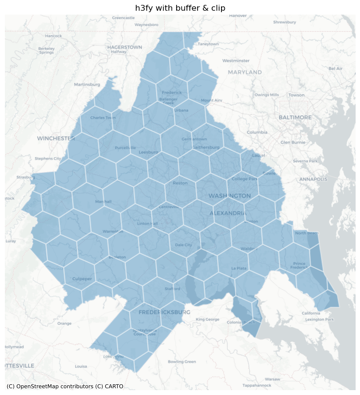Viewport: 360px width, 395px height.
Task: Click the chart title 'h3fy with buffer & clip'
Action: pos(180,7)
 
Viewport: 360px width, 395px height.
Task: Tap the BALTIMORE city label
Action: pos(295,118)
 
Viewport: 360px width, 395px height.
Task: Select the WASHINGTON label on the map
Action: pos(230,196)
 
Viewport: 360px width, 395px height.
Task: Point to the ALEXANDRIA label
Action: pos(228,214)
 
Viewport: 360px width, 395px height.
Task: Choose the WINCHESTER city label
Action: pos(56,138)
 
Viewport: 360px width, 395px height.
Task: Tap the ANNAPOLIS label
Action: pos(313,179)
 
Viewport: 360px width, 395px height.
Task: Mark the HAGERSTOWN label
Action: pos(124,47)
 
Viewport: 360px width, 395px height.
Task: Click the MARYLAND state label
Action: pos(244,72)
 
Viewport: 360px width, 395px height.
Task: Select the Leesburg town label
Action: pos(148,152)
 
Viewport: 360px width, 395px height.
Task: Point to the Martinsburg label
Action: pos(87,84)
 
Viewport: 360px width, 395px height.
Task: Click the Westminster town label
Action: pos(236,61)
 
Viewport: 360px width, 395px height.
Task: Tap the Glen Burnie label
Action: pos(292,142)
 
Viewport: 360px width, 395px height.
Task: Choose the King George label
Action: pos(207,319)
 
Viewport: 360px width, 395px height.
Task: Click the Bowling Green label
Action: pos(181,362)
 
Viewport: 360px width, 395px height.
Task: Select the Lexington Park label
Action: pos(319,319)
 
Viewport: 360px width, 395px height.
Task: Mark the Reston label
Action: pos(180,183)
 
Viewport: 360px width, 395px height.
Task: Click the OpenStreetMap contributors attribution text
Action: pos(65,387)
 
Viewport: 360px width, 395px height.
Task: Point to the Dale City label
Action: pos(183,245)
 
